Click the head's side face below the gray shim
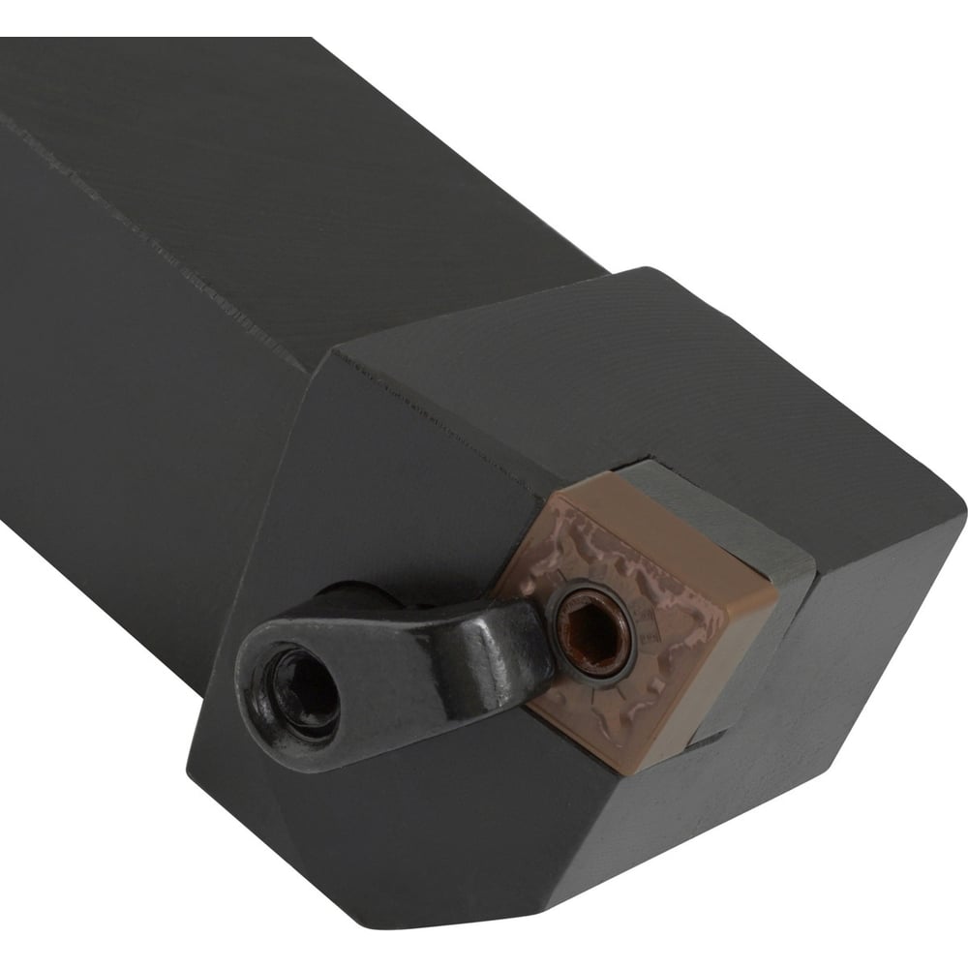coord(852,658)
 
